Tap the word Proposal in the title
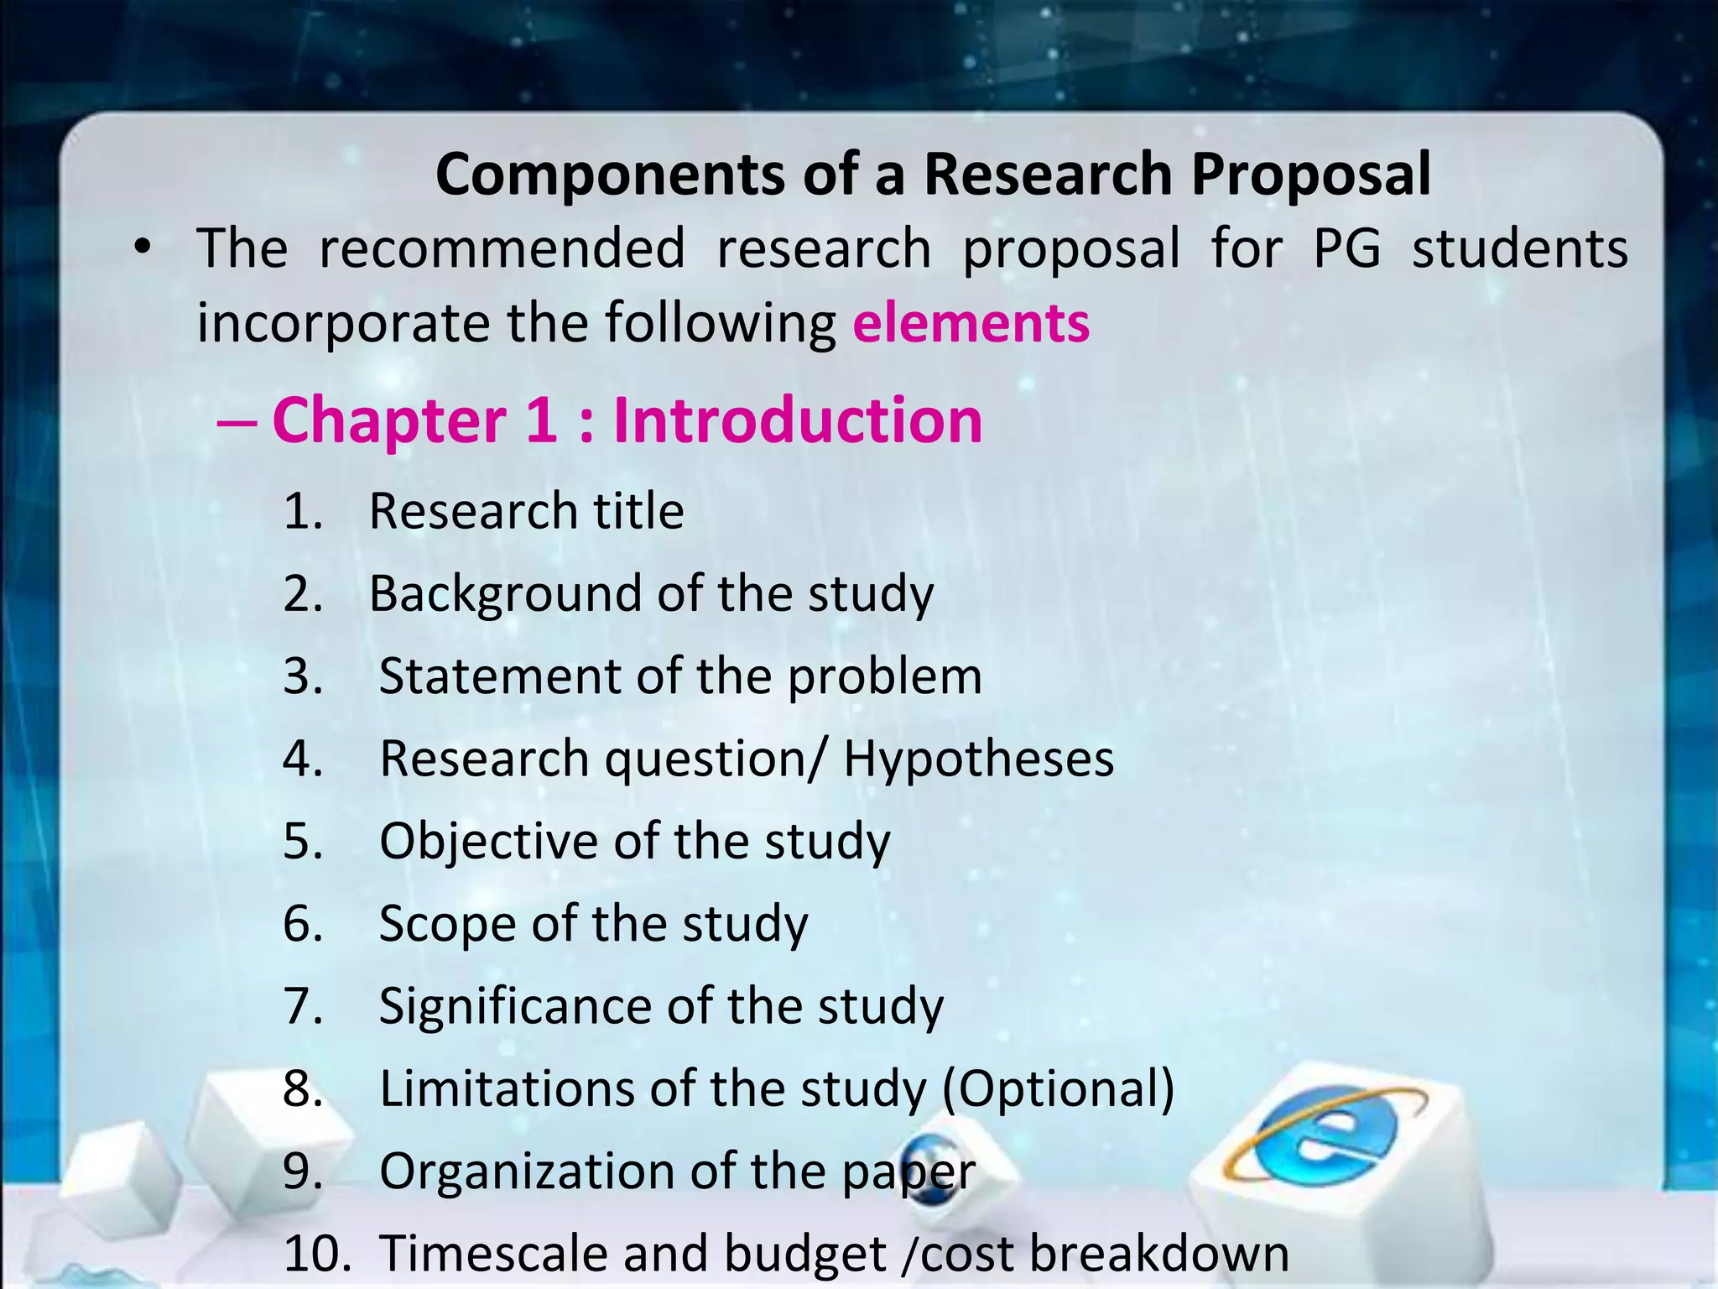(x=1310, y=176)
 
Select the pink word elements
(x=971, y=323)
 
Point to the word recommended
(x=502, y=249)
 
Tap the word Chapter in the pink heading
(x=389, y=420)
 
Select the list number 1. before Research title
(x=303, y=511)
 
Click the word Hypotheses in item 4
(x=978, y=759)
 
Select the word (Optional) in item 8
(x=1058, y=1089)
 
